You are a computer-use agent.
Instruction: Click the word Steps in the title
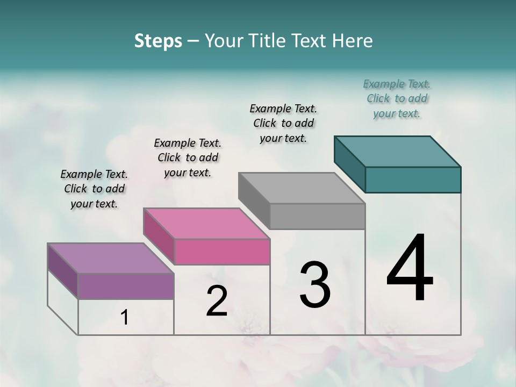tap(158, 41)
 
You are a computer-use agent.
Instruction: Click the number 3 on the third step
tap(315, 285)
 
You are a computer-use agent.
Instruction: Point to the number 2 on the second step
tap(217, 301)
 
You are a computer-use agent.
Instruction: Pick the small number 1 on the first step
tap(125, 318)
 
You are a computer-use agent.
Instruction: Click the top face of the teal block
tap(398, 151)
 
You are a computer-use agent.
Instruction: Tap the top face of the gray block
tap(302, 188)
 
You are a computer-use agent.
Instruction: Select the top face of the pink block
tap(206, 223)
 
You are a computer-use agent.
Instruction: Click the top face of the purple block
tap(111, 259)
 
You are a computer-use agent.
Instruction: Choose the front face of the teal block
tap(413, 180)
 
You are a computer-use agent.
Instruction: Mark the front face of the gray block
tap(317, 216)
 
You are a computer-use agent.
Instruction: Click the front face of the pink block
tap(222, 252)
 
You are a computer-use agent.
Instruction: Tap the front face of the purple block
tap(126, 286)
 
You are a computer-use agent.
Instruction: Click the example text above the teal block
tap(397, 98)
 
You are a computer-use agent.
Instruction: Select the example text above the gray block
tap(283, 123)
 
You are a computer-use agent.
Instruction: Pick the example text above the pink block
tap(188, 157)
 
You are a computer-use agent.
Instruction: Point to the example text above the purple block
tap(94, 189)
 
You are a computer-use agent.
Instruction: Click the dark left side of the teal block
tap(349, 164)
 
